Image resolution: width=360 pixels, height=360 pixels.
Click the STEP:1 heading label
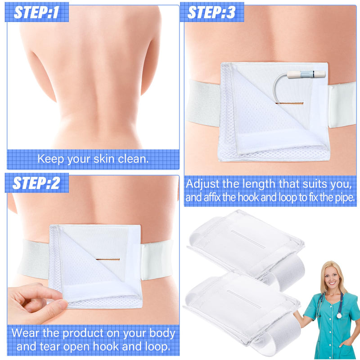(36, 12)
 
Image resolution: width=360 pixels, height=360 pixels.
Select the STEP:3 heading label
(211, 12)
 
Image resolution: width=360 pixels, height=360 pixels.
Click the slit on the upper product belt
(247, 239)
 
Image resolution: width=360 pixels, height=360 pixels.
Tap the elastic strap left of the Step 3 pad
(203, 103)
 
